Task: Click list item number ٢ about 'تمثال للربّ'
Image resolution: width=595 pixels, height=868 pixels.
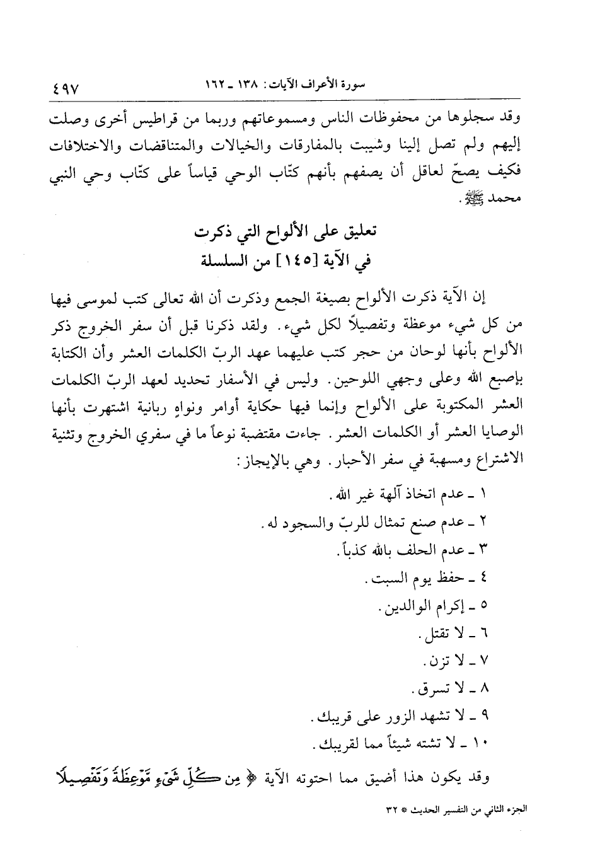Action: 483,521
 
